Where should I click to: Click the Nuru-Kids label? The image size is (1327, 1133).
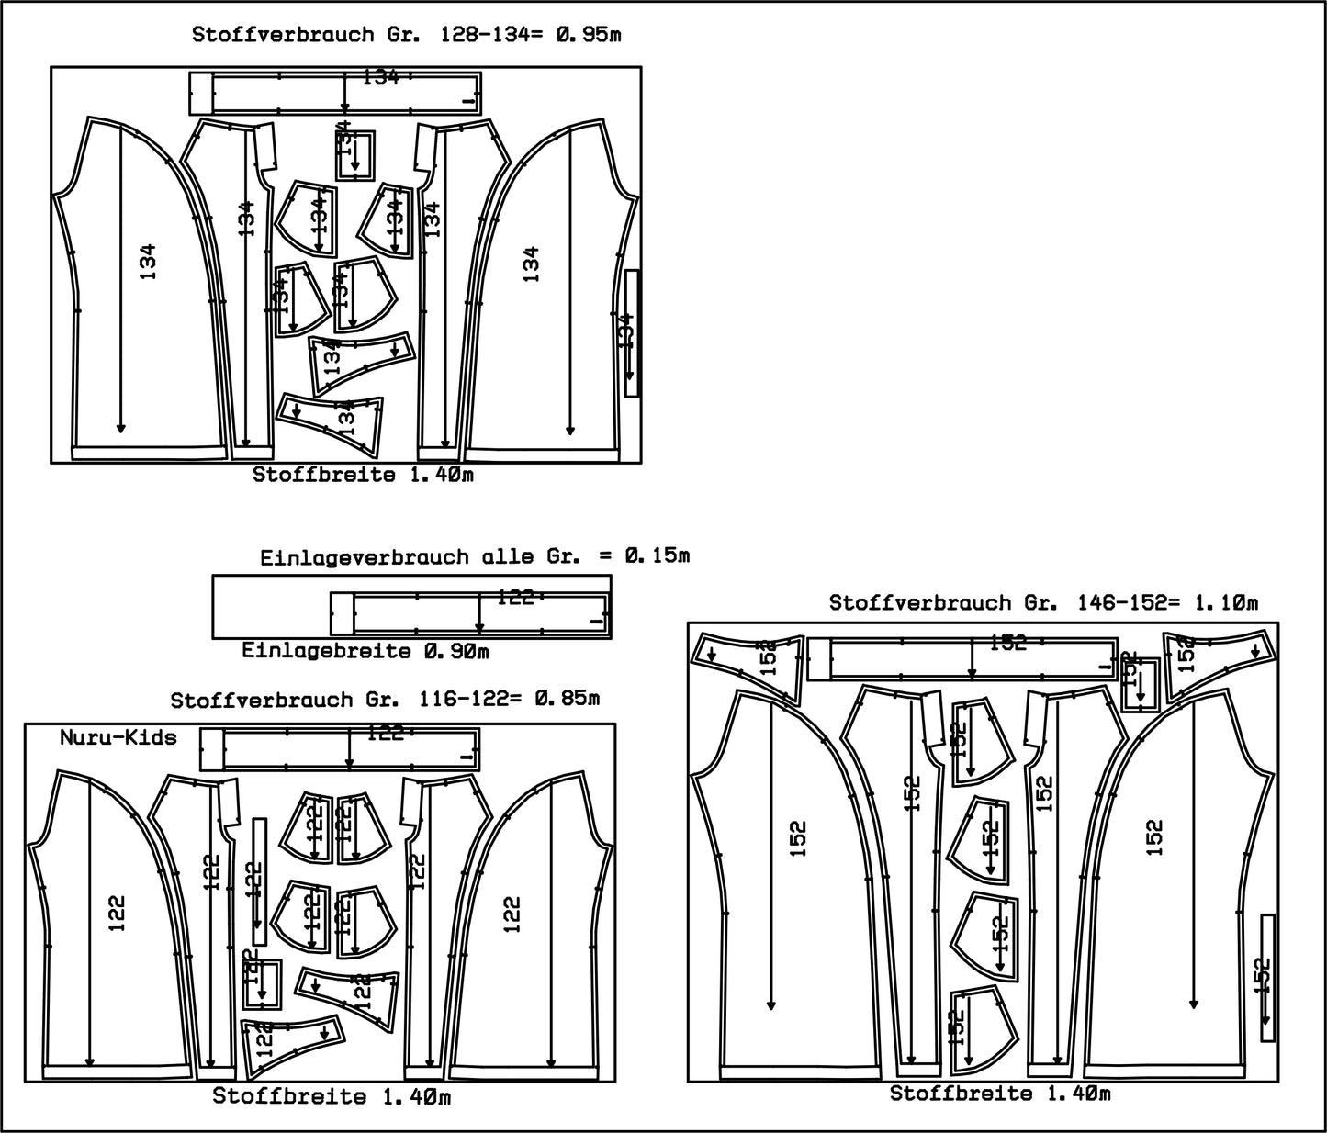pyautogui.click(x=118, y=737)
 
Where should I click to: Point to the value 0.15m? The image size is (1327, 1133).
pyautogui.click(x=656, y=555)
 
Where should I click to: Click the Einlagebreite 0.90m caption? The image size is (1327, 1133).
pyautogui.click(x=365, y=651)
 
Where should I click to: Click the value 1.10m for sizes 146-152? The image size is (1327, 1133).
pyautogui.click(x=1225, y=603)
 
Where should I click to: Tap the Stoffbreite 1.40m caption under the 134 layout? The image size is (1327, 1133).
pyautogui.click(x=364, y=476)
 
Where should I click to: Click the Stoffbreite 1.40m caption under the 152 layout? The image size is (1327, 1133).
pyautogui.click(x=1000, y=1094)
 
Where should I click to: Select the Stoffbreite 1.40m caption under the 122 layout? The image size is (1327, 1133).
pyautogui.click(x=332, y=1096)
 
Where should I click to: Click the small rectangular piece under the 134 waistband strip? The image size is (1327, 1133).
pyautogui.click(x=355, y=153)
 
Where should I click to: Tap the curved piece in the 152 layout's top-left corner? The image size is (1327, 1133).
pyautogui.click(x=748, y=656)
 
